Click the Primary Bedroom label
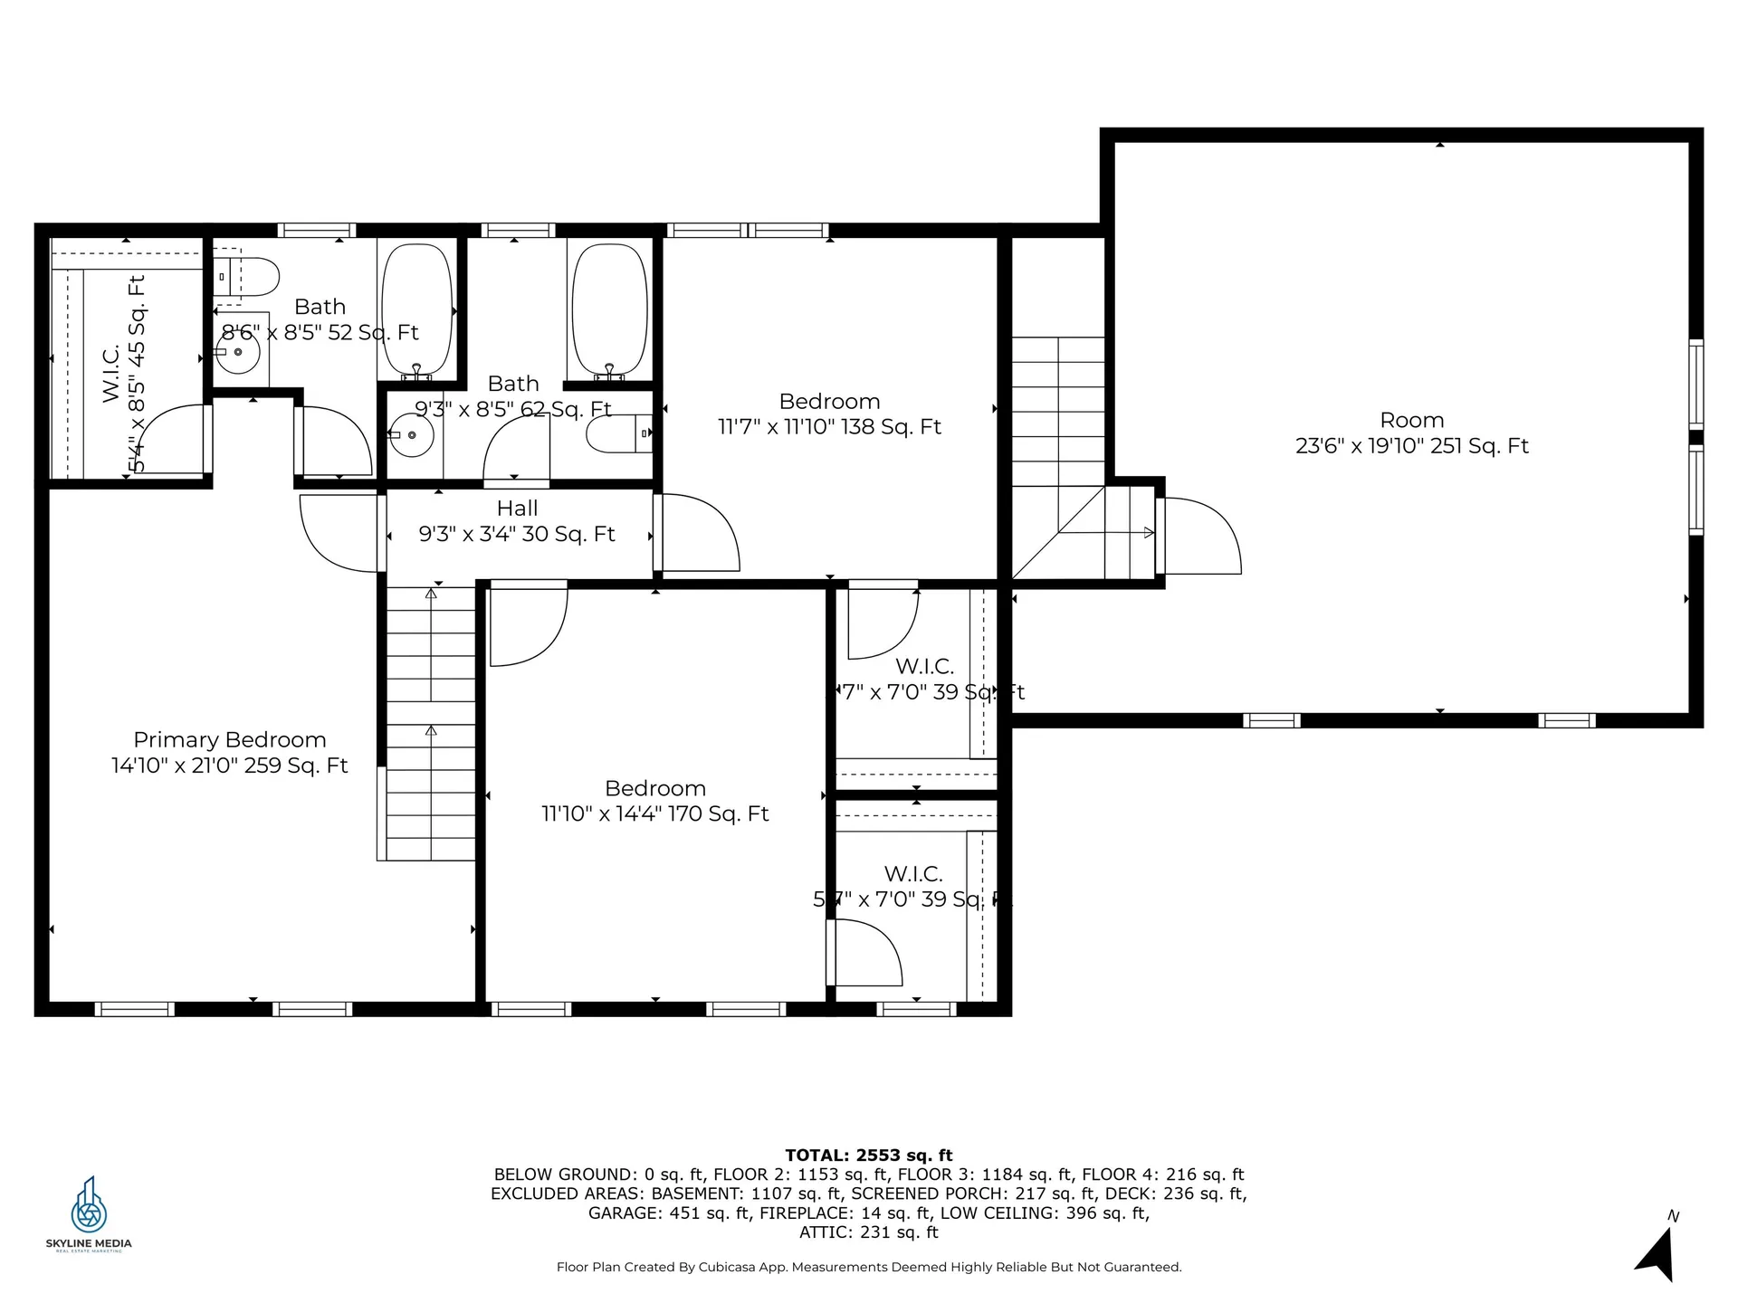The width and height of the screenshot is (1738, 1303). pyautogui.click(x=230, y=740)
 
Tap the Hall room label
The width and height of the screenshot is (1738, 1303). pyautogui.click(x=517, y=509)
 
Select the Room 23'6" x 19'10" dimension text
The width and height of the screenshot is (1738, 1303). pyautogui.click(x=1411, y=446)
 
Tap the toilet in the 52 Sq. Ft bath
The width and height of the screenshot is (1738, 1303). pyautogui.click(x=248, y=277)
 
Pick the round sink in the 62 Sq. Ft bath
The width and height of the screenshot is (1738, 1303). pyautogui.click(x=412, y=435)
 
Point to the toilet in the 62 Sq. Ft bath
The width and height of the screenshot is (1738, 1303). pyautogui.click(x=620, y=435)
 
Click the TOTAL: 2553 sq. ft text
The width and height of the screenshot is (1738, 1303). pyautogui.click(x=868, y=1156)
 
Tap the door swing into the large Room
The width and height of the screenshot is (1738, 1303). pyautogui.click(x=1199, y=536)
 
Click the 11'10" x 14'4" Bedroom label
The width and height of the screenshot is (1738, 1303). pyautogui.click(x=654, y=789)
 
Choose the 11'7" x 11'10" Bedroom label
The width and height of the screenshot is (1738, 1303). pyautogui.click(x=829, y=402)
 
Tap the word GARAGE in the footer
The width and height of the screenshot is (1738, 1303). pyautogui.click(x=625, y=1213)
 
